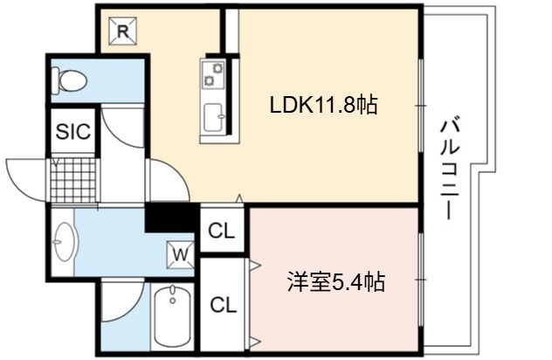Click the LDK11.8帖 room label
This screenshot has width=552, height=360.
[x=323, y=105]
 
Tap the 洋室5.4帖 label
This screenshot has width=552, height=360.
[x=336, y=282]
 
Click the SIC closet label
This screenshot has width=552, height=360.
[x=73, y=131]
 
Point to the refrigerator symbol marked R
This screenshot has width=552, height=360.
[x=122, y=31]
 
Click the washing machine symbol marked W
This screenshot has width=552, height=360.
[x=181, y=254]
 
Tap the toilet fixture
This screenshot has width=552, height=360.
[x=69, y=81]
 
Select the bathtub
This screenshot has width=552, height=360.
[x=173, y=315]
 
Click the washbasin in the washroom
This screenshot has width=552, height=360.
[x=64, y=241]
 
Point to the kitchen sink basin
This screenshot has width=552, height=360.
[x=213, y=118]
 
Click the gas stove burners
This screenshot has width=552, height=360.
[x=212, y=74]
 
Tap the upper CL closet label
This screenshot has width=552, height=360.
[x=221, y=231]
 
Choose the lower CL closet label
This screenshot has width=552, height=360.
[x=224, y=305]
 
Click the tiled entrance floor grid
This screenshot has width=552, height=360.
[x=73, y=180]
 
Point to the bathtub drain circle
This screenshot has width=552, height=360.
[x=172, y=301]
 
